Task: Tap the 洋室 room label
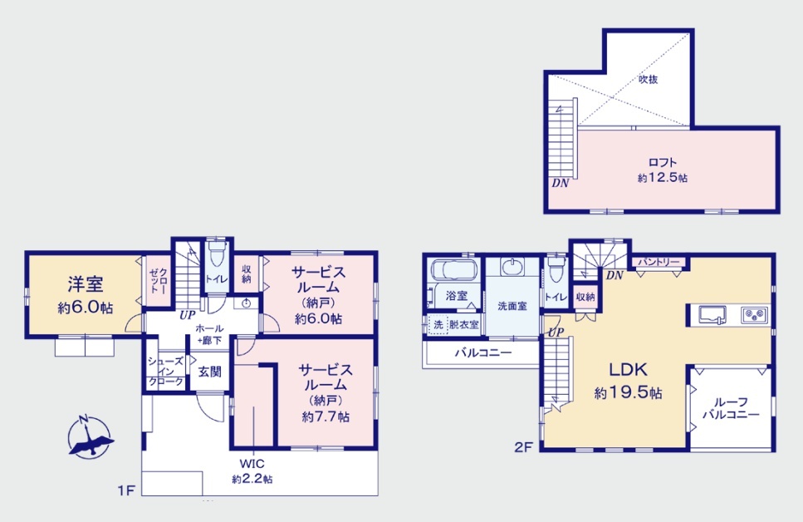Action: pyautogui.click(x=86, y=283)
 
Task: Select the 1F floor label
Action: pyautogui.click(x=126, y=490)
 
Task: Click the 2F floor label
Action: pyautogui.click(x=523, y=448)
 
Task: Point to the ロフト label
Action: pyautogui.click(x=663, y=163)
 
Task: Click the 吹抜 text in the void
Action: pyautogui.click(x=648, y=79)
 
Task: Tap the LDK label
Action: pyautogui.click(x=628, y=369)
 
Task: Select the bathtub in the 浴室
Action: pyautogui.click(x=454, y=269)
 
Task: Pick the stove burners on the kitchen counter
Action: pyautogui.click(x=755, y=314)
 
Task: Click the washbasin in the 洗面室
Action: pyautogui.click(x=512, y=267)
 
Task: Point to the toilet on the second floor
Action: pyautogui.click(x=556, y=268)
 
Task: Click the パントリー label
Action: pyautogui.click(x=659, y=262)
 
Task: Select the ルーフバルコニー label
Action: pyautogui.click(x=731, y=408)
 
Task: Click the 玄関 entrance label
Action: pyautogui.click(x=210, y=372)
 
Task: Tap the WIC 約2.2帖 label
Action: pyautogui.click(x=252, y=471)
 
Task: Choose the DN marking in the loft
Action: pyautogui.click(x=561, y=183)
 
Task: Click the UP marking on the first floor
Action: pyautogui.click(x=188, y=315)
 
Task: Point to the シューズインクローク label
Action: pyautogui.click(x=166, y=372)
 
